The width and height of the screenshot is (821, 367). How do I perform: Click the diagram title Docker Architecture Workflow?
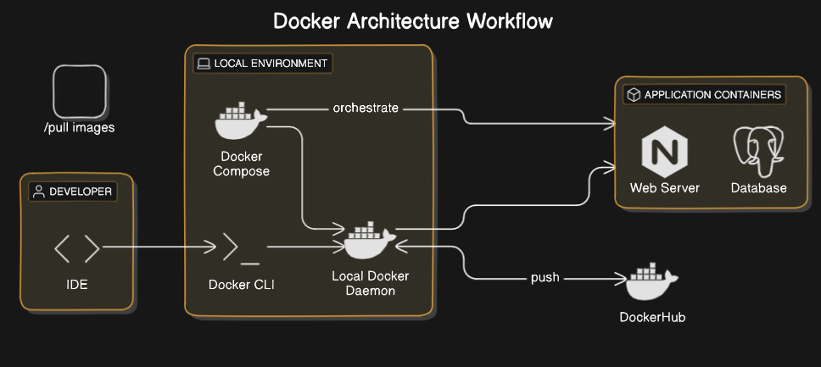coord(412,21)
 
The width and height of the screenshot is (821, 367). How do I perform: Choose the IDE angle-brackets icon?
coord(76,249)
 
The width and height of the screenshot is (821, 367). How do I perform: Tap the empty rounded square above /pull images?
coord(80,92)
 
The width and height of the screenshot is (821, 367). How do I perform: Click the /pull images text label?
coord(79,128)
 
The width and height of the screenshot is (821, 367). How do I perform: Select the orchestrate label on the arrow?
coord(366,108)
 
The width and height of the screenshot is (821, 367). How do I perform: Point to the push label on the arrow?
coord(545,277)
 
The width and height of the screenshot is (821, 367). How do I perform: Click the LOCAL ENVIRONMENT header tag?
coord(261,64)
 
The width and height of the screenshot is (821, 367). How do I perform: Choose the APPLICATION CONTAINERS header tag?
coord(703,95)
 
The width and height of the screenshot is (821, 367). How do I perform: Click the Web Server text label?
coord(664,187)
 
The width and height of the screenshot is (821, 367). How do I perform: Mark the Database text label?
coord(758,187)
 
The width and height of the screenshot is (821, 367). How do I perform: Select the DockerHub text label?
coord(651,317)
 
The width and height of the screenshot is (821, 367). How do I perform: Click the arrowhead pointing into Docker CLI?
coord(212,248)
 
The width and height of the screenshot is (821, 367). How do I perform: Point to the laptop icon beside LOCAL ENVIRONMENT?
coord(203,64)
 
